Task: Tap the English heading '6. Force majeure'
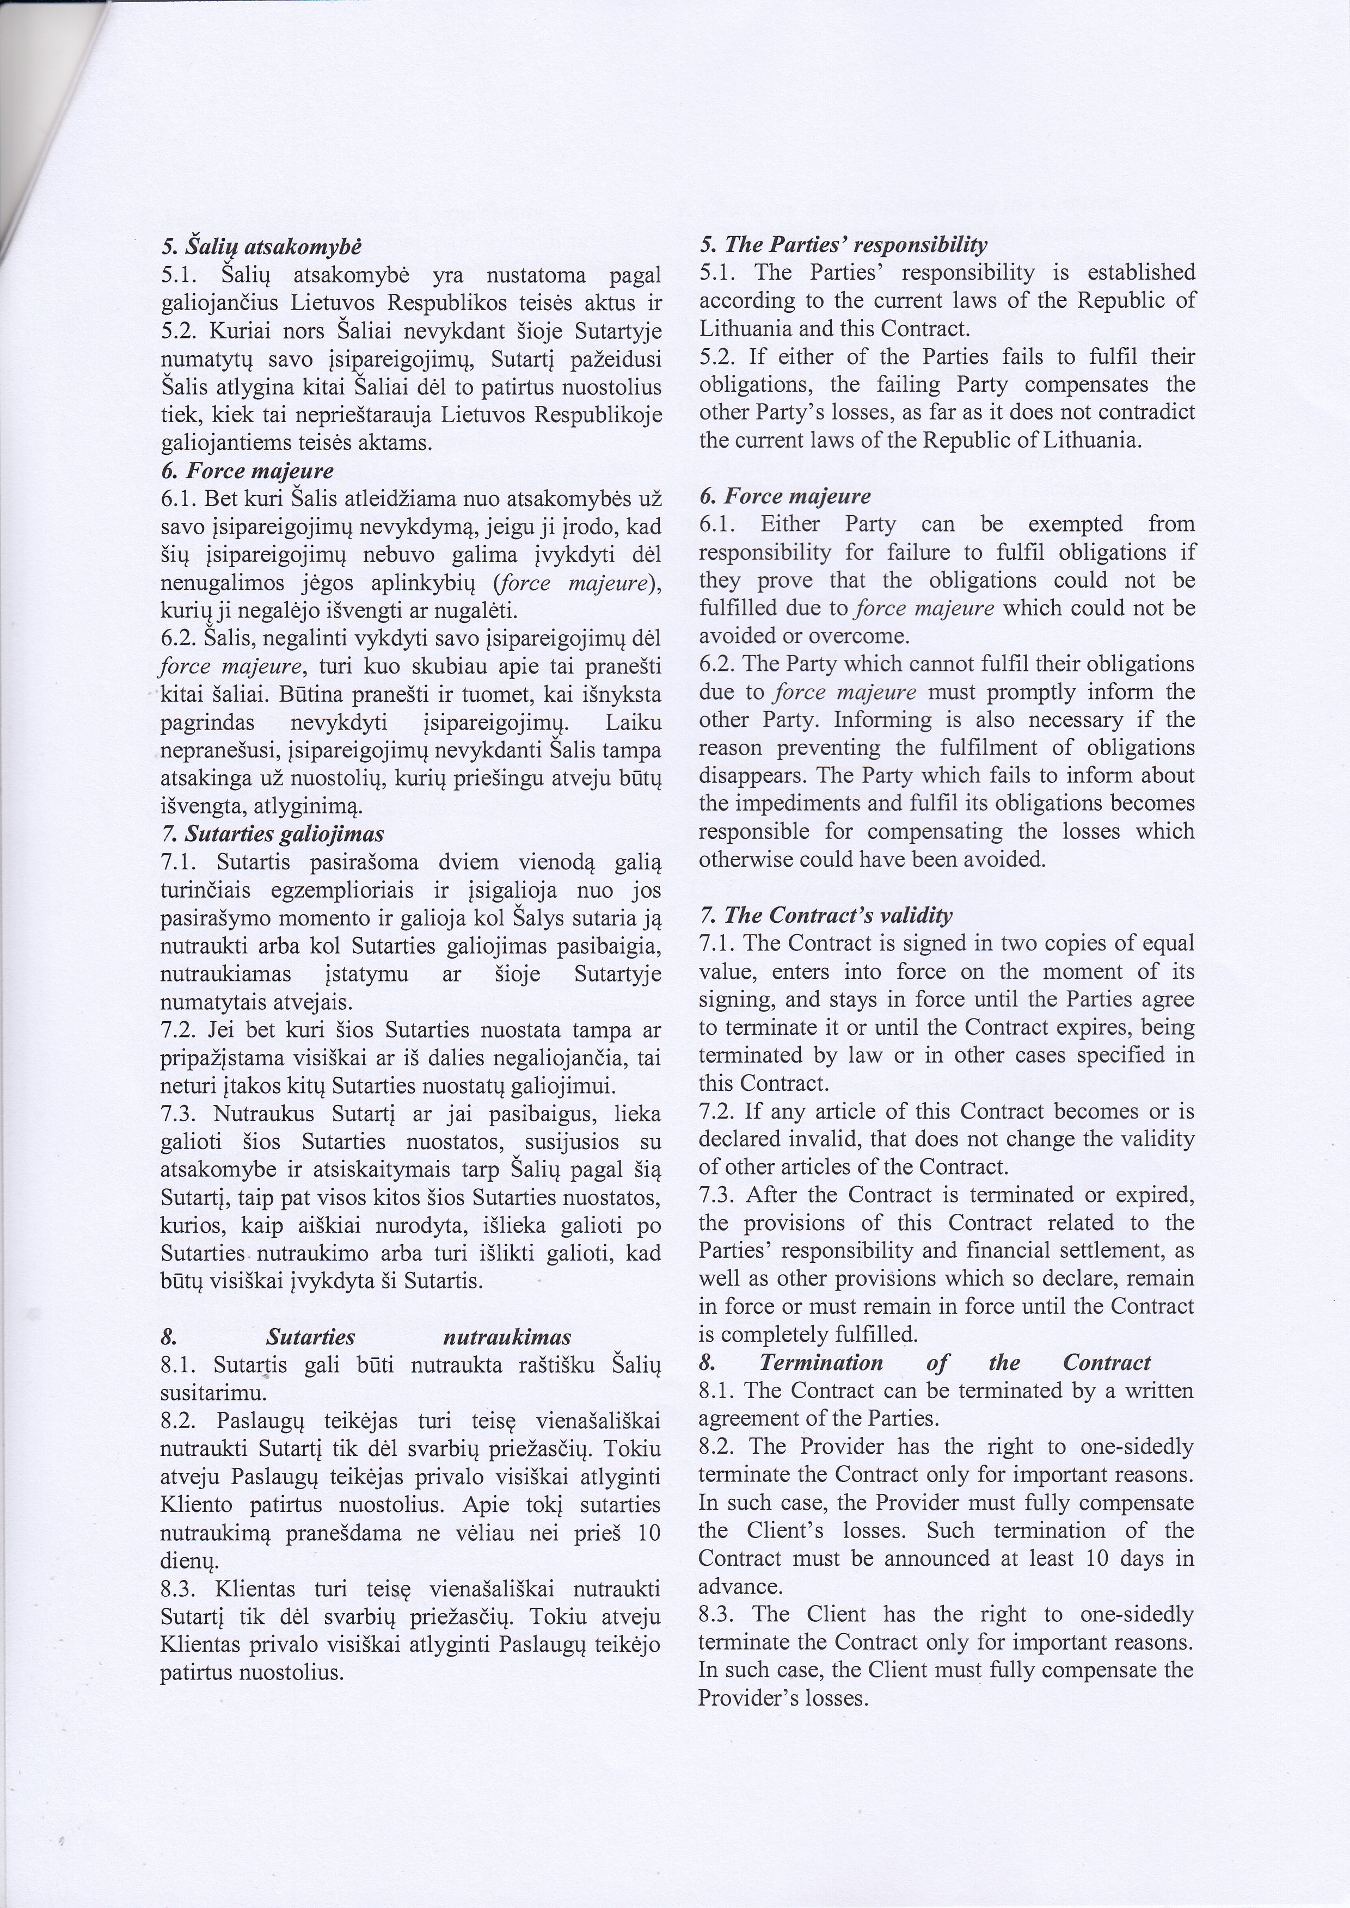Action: pyautogui.click(x=785, y=496)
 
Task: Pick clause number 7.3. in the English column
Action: pyautogui.click(x=716, y=1194)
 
